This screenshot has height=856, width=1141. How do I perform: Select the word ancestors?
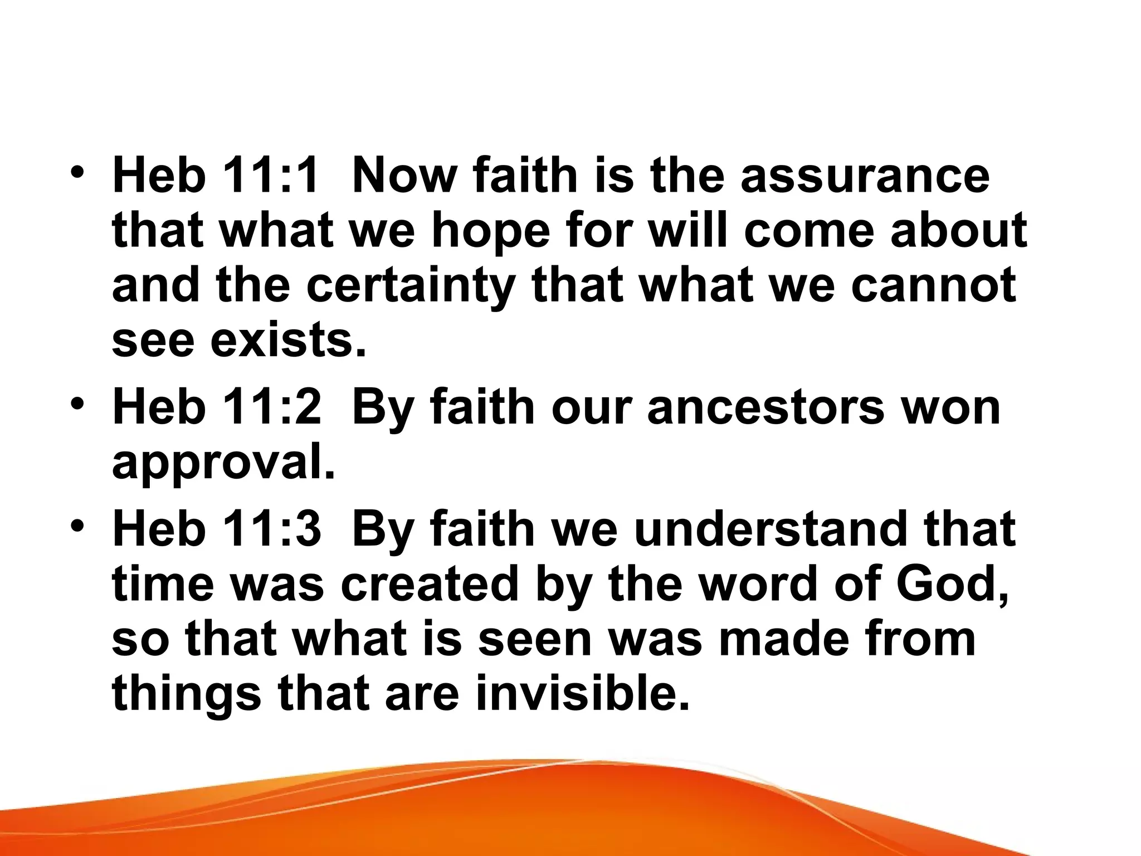point(765,407)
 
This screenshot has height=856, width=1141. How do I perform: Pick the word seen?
point(535,640)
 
